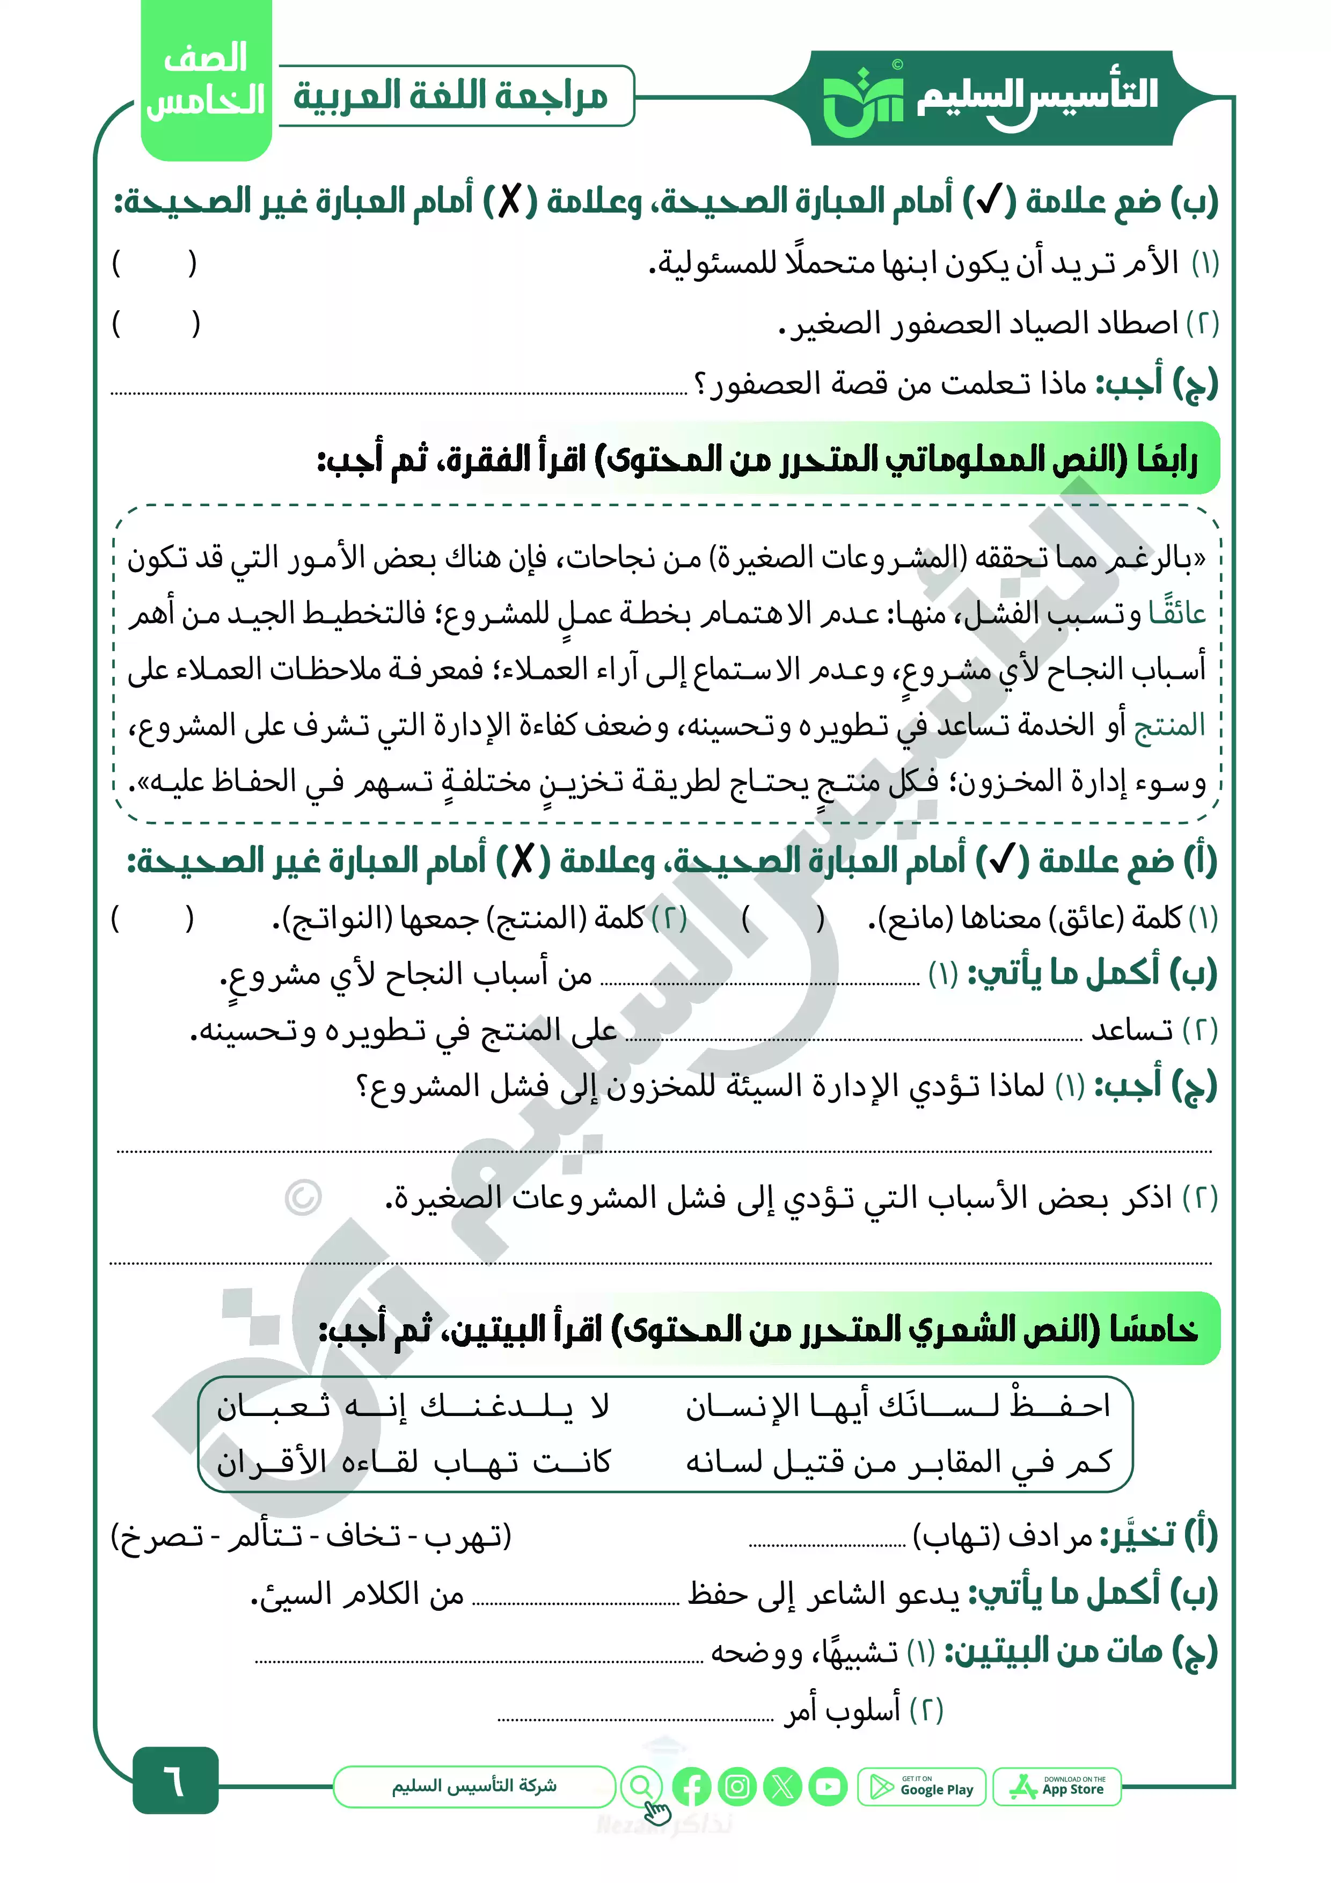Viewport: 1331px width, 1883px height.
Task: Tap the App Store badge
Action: (1057, 1787)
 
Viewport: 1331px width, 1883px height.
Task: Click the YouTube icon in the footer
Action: (828, 1787)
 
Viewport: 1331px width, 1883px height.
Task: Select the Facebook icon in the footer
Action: (691, 1787)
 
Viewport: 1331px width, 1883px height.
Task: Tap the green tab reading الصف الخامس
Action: (206, 81)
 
